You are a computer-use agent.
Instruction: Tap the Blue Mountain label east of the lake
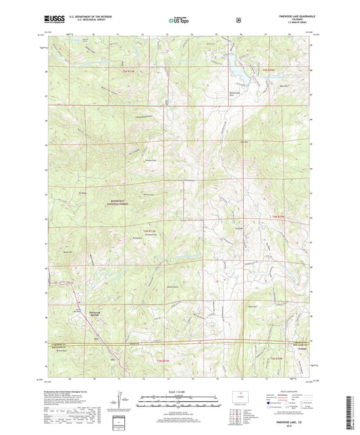266,76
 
